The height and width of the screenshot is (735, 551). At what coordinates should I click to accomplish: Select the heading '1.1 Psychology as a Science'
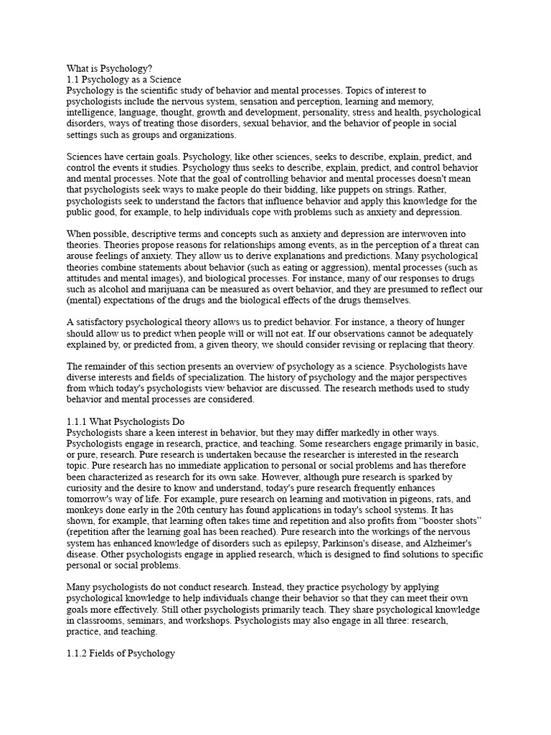point(124,79)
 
